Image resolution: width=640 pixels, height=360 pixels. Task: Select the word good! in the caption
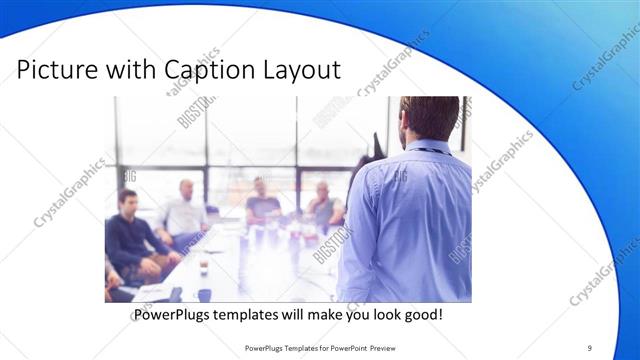[422, 315]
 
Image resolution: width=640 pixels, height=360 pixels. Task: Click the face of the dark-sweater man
[127, 201]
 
